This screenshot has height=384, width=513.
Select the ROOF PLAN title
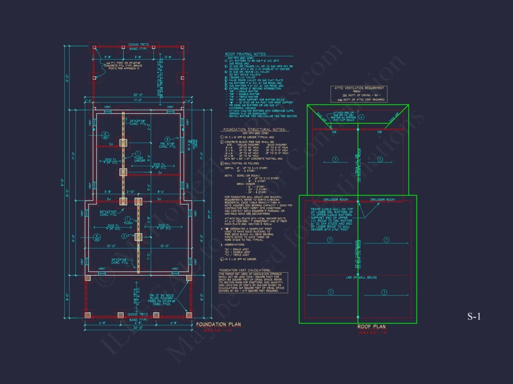[372, 327]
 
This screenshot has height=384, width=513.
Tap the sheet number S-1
[474, 317]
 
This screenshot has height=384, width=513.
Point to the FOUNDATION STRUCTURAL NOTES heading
[254, 129]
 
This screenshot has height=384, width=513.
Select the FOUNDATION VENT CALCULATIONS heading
[244, 269]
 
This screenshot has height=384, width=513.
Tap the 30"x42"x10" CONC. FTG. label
[110, 213]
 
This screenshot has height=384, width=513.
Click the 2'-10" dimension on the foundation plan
[130, 191]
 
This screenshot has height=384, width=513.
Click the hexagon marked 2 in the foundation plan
[124, 236]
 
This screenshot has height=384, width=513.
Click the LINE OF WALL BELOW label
[358, 277]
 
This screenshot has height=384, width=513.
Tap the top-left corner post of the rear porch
[95, 47]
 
